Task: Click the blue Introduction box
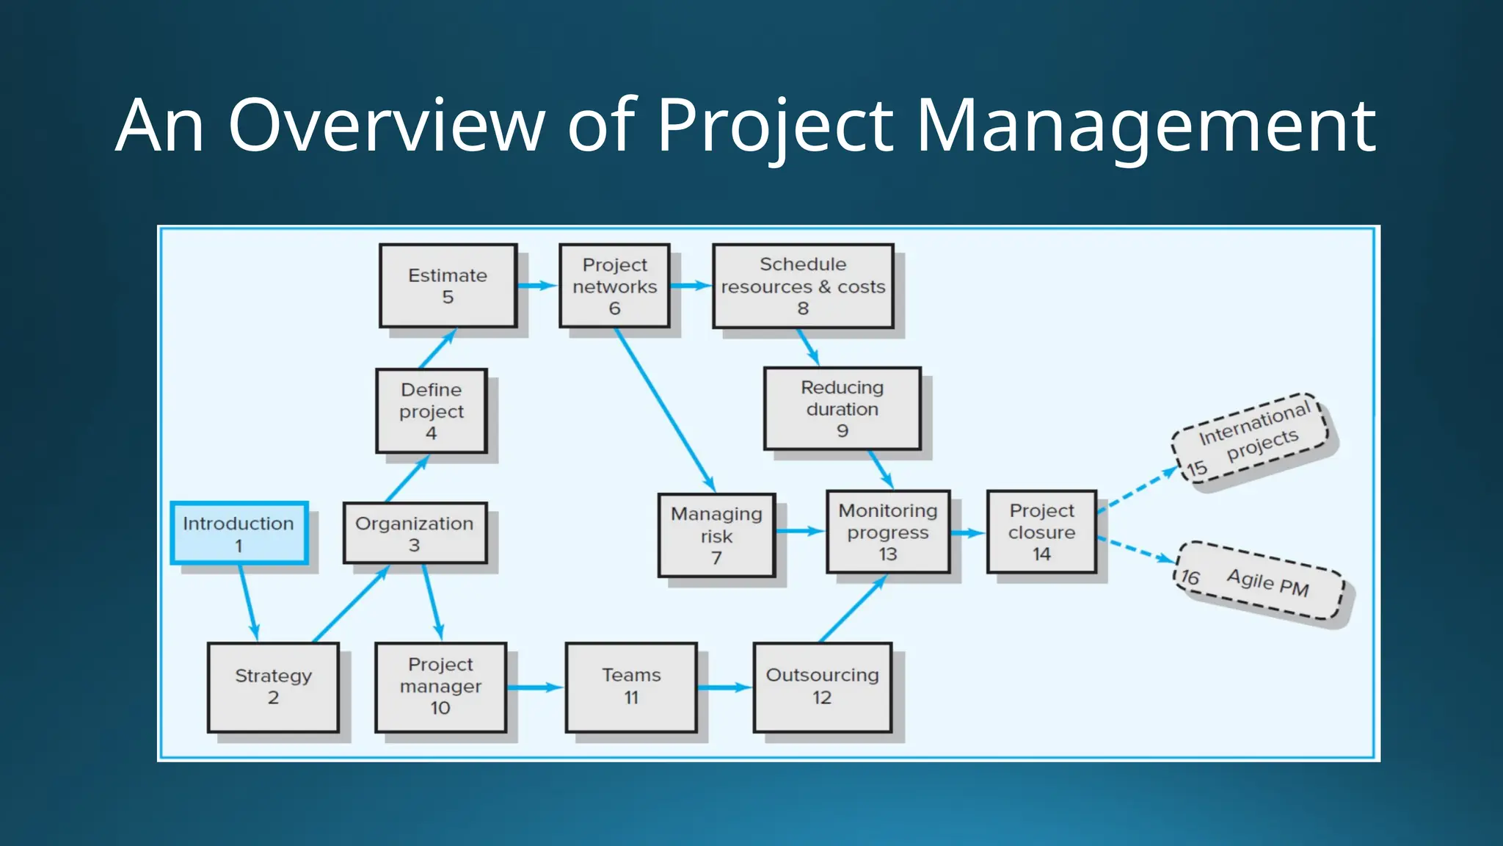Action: point(239,534)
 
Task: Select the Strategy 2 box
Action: point(273,687)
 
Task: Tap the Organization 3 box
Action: point(415,534)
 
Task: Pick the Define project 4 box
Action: point(432,411)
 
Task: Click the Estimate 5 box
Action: point(448,286)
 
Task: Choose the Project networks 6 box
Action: point(614,286)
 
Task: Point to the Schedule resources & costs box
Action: point(803,286)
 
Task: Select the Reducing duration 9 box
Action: point(842,408)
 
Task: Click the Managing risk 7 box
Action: point(716,535)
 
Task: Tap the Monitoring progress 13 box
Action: point(888,532)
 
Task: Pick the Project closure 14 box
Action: point(1041,532)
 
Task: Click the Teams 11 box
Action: point(631,687)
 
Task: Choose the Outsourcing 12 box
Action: point(822,687)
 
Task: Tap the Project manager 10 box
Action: point(440,687)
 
